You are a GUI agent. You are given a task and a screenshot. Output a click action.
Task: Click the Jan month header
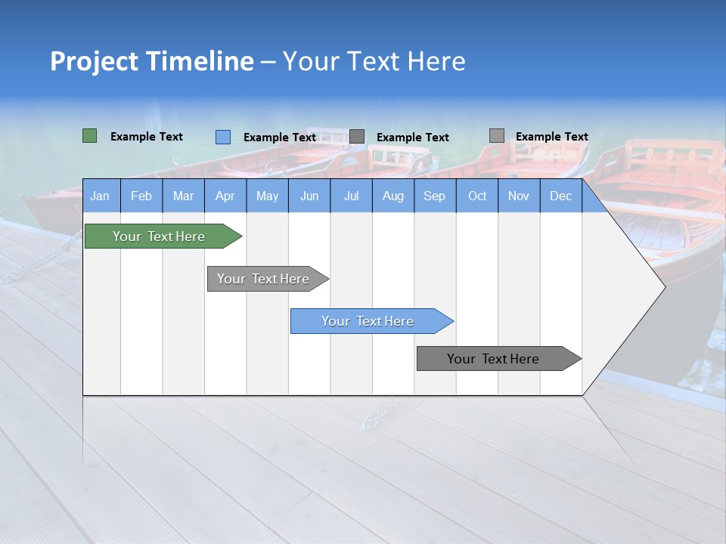pyautogui.click(x=101, y=196)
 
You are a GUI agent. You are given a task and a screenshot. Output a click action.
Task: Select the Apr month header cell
pyautogui.click(x=225, y=196)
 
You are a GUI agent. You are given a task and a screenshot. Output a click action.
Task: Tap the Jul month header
pyautogui.click(x=351, y=196)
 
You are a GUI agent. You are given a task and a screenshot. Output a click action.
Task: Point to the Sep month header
pyautogui.click(x=434, y=196)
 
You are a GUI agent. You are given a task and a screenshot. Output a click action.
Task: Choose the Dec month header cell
pyautogui.click(x=560, y=196)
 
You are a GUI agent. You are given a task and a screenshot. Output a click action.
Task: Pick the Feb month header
pyautogui.click(x=141, y=196)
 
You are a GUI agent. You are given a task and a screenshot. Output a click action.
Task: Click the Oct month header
pyautogui.click(x=477, y=196)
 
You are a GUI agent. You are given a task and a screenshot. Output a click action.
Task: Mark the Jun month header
pyautogui.click(x=309, y=196)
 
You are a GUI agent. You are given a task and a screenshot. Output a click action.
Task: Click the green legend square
pyautogui.click(x=89, y=136)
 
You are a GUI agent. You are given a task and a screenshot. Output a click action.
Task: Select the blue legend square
pyautogui.click(x=222, y=137)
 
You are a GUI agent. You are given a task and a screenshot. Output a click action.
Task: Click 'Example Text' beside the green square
pyautogui.click(x=146, y=137)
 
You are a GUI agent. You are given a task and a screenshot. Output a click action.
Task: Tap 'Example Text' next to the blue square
pyautogui.click(x=279, y=138)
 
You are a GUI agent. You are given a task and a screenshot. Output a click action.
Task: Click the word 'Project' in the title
pyautogui.click(x=95, y=61)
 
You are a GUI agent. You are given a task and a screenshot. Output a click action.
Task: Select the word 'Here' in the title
pyautogui.click(x=436, y=61)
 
